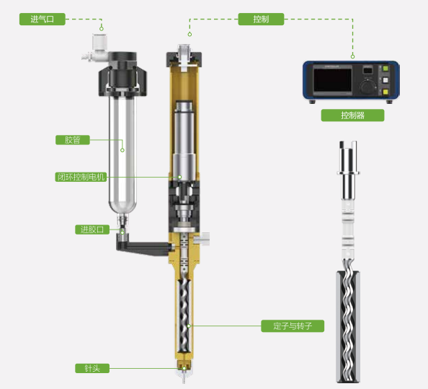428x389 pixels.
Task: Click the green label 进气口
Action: (43, 19)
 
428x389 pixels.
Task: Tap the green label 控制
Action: (261, 19)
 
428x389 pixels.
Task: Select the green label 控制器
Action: (352, 115)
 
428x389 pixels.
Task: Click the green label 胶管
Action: (73, 140)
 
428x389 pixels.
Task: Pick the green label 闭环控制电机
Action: (81, 177)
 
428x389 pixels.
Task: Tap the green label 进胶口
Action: (92, 230)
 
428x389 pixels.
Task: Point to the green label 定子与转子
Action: (293, 326)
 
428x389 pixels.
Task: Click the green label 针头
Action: (92, 368)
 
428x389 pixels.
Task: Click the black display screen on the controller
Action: (332, 80)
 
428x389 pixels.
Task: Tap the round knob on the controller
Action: (367, 87)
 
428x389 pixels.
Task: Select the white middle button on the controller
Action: (385, 80)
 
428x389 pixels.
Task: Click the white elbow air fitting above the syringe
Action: (96, 48)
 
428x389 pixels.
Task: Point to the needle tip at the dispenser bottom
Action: (184, 381)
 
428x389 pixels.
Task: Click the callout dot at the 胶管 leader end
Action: (122, 150)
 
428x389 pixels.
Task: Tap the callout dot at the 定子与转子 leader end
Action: (189, 326)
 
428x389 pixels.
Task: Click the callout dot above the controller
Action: (352, 56)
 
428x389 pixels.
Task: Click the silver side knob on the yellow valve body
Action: (202, 239)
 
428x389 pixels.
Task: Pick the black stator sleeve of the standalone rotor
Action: (347, 327)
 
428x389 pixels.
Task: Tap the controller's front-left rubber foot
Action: (312, 102)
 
